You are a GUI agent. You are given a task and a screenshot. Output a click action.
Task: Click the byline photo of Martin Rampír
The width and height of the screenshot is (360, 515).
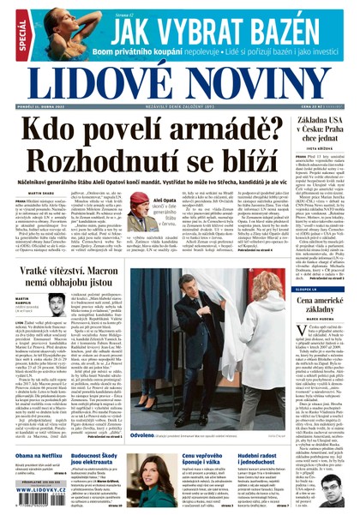[x=57, y=301]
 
